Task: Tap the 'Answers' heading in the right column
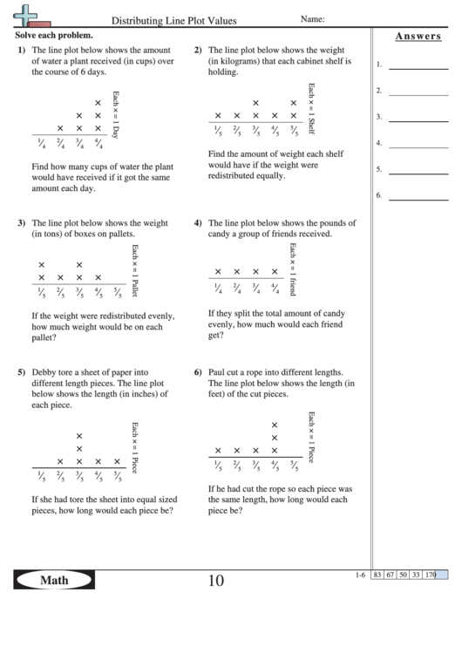[416, 37]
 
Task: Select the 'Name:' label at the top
[313, 18]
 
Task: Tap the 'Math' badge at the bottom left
[54, 580]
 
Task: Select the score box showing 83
[377, 575]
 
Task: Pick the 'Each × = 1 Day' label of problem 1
[116, 112]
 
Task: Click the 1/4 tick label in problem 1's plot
[40, 146]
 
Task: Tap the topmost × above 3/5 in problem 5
[79, 436]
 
